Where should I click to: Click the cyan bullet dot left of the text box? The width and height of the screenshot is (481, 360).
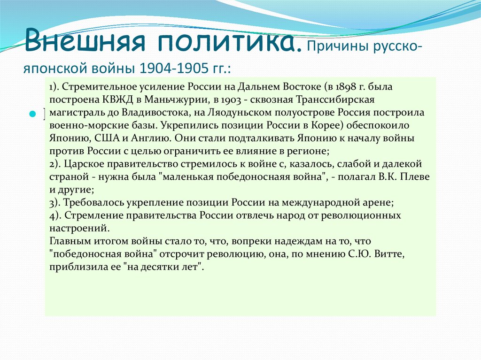pyautogui.click(x=32, y=115)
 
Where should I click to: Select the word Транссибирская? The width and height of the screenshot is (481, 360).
pyautogui.click(x=335, y=100)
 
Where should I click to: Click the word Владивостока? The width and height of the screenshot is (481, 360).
pyautogui.click(x=156, y=113)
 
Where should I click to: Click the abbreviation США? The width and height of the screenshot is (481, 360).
pyautogui.click(x=107, y=138)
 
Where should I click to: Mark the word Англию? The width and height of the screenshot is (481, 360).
pyautogui.click(x=150, y=138)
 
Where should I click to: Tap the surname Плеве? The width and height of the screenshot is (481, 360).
pyautogui.click(x=415, y=177)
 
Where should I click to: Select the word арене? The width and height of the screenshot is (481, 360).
pyautogui.click(x=378, y=203)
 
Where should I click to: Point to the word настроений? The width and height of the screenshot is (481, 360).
pyautogui.click(x=79, y=229)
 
